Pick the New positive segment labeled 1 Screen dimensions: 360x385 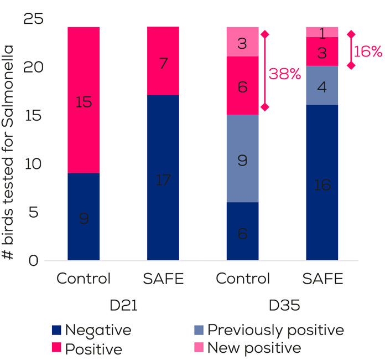pos(322,32)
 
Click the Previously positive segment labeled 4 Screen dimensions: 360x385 pos(322,85)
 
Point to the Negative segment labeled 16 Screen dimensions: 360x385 pos(322,182)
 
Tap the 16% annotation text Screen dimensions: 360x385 pos(368,52)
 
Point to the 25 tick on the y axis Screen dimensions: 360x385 pos(34,19)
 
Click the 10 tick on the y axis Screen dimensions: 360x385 pos(34,164)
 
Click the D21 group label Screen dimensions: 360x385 pos(123,306)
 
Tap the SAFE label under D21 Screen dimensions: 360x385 pos(163,278)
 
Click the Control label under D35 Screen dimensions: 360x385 pos(243,278)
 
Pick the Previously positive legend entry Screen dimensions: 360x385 pos(275,331)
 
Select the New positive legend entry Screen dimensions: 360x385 pos(253,348)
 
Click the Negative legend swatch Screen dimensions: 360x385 pos(56,331)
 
